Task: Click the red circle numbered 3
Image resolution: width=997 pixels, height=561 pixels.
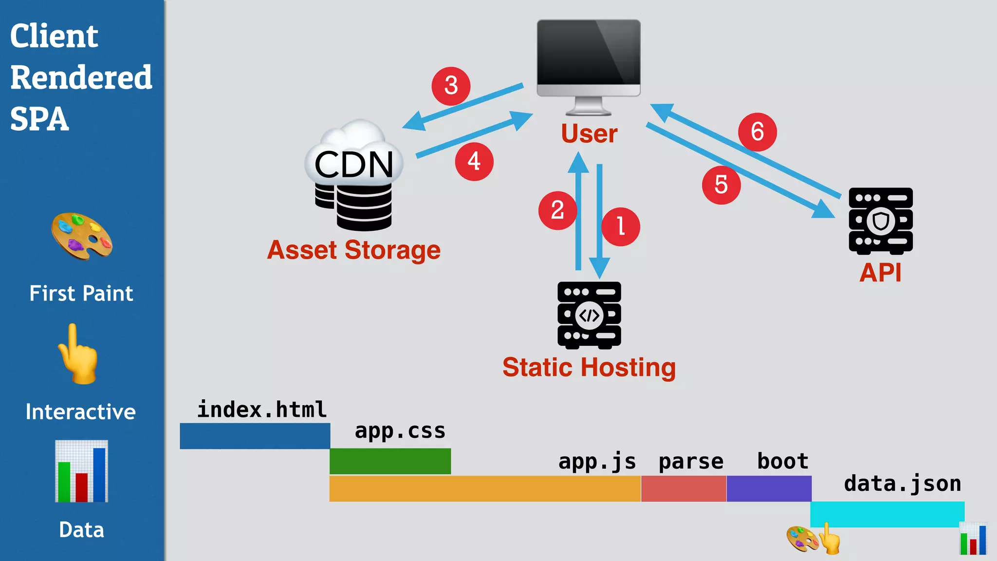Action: [451, 86]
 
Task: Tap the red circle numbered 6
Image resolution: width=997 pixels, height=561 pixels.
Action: [757, 132]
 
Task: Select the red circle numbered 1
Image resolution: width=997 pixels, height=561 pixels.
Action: [620, 227]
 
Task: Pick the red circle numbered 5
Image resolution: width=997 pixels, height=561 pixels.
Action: [721, 185]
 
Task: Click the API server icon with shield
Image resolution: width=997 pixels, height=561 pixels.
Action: [881, 221]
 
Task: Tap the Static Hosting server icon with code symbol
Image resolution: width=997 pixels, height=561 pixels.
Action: [589, 315]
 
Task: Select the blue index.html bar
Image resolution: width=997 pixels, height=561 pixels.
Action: [255, 436]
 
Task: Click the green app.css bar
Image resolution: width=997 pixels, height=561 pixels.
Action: [390, 461]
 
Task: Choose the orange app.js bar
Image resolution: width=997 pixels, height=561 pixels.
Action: [485, 488]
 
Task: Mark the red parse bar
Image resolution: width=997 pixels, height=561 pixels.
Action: [683, 488]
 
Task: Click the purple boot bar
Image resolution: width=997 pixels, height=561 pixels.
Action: [769, 488]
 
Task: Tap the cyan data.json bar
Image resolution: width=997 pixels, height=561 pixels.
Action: [887, 514]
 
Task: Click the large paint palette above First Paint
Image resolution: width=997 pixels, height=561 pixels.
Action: [82, 236]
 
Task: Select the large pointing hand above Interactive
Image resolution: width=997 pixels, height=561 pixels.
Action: [78, 355]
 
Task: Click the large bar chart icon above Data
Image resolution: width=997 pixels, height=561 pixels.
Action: [81, 471]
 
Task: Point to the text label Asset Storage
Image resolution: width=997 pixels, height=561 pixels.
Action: [354, 250]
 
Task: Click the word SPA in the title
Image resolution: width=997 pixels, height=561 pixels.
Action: [39, 119]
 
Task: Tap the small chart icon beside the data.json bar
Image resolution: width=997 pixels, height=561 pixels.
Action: [973, 539]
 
